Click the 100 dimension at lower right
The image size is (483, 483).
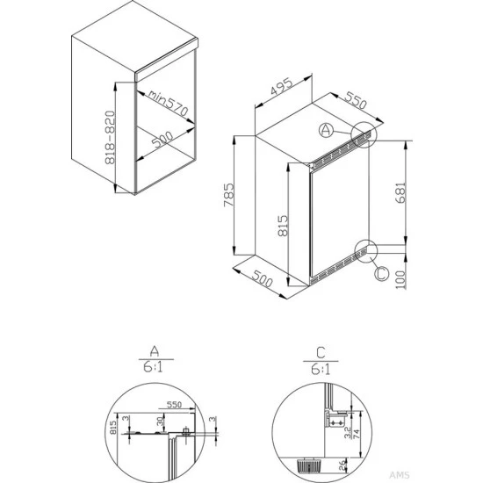(x=400, y=280)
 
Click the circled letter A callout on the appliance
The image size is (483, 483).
(x=325, y=131)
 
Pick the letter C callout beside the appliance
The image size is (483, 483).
(x=380, y=273)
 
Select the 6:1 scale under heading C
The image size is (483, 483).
(x=321, y=370)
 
